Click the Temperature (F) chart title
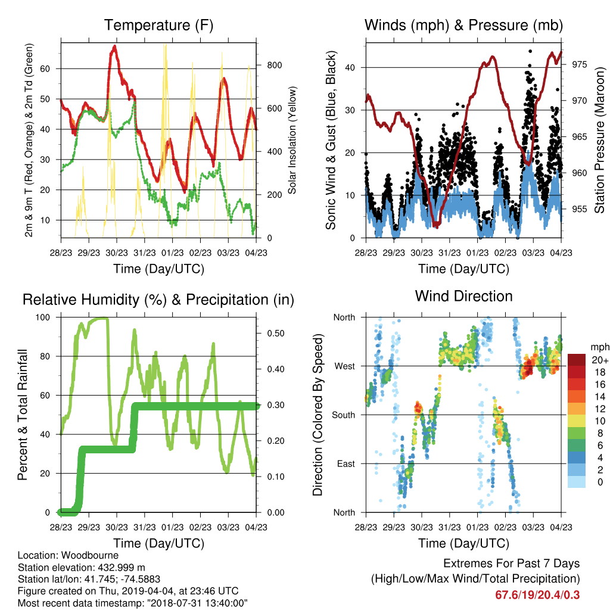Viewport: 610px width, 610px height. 158,25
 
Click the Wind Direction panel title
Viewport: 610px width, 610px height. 463,296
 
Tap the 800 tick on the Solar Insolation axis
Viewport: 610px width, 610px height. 275,65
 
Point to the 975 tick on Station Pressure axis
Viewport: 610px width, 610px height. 579,64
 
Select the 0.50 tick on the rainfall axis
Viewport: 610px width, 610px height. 275,334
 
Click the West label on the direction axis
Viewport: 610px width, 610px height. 345,366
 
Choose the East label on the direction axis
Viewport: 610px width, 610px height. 346,463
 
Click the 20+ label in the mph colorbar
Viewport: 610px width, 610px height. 600,360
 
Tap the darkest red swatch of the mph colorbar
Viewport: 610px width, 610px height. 577,360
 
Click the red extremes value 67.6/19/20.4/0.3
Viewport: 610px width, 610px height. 537,595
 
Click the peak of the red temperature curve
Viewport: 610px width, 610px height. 114,46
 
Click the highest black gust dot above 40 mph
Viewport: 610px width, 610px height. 530,51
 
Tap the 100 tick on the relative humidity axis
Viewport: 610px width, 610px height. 43,318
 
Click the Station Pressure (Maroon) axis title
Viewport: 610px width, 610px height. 599,140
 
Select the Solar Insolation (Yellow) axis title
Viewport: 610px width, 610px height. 292,140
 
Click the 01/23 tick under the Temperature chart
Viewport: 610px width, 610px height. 172,253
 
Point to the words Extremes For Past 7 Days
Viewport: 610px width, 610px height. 512,564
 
